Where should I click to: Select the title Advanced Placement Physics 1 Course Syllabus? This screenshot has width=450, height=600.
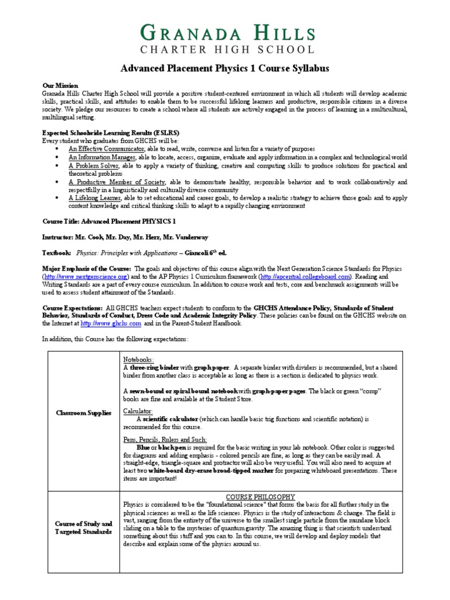point(225,69)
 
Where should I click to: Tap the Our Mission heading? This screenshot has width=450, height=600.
point(60,86)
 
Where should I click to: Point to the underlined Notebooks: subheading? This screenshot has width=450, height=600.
point(138,359)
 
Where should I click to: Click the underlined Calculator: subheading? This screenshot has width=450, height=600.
point(137,411)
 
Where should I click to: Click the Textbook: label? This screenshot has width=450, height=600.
point(57,253)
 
